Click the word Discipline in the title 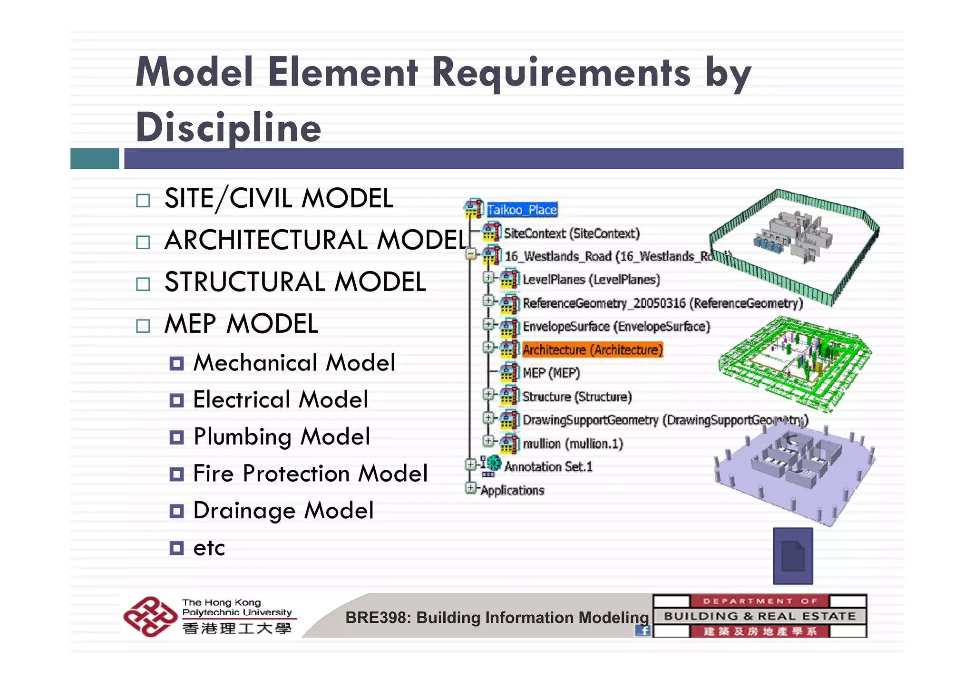pyautogui.click(x=228, y=127)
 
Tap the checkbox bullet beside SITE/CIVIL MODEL pyautogui.click(x=143, y=200)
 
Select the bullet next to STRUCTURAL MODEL pyautogui.click(x=143, y=284)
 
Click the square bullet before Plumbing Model pyautogui.click(x=176, y=437)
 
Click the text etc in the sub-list pyautogui.click(x=209, y=548)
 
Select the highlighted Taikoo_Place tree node pyautogui.click(x=522, y=210)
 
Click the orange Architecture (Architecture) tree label pyautogui.click(x=592, y=350)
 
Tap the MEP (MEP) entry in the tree pyautogui.click(x=551, y=373)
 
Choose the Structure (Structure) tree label pyautogui.click(x=577, y=397)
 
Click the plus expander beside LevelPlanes pyautogui.click(x=488, y=277)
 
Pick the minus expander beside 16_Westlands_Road pyautogui.click(x=470, y=254)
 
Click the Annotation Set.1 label pyautogui.click(x=548, y=467)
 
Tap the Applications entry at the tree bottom pyautogui.click(x=512, y=490)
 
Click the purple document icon pyautogui.click(x=793, y=556)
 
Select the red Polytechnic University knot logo pyautogui.click(x=150, y=616)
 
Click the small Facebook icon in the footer pyautogui.click(x=643, y=630)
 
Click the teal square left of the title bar pyautogui.click(x=95, y=158)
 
